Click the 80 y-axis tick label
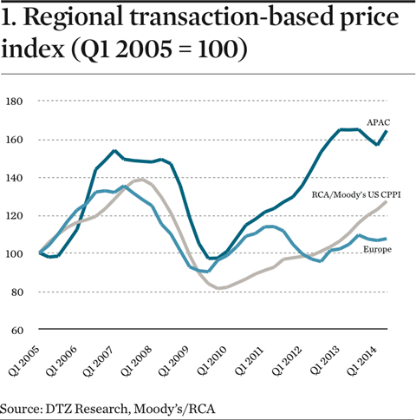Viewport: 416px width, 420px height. point(17,292)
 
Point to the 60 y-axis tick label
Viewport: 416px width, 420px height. point(17,331)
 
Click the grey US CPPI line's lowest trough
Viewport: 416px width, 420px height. point(220,288)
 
